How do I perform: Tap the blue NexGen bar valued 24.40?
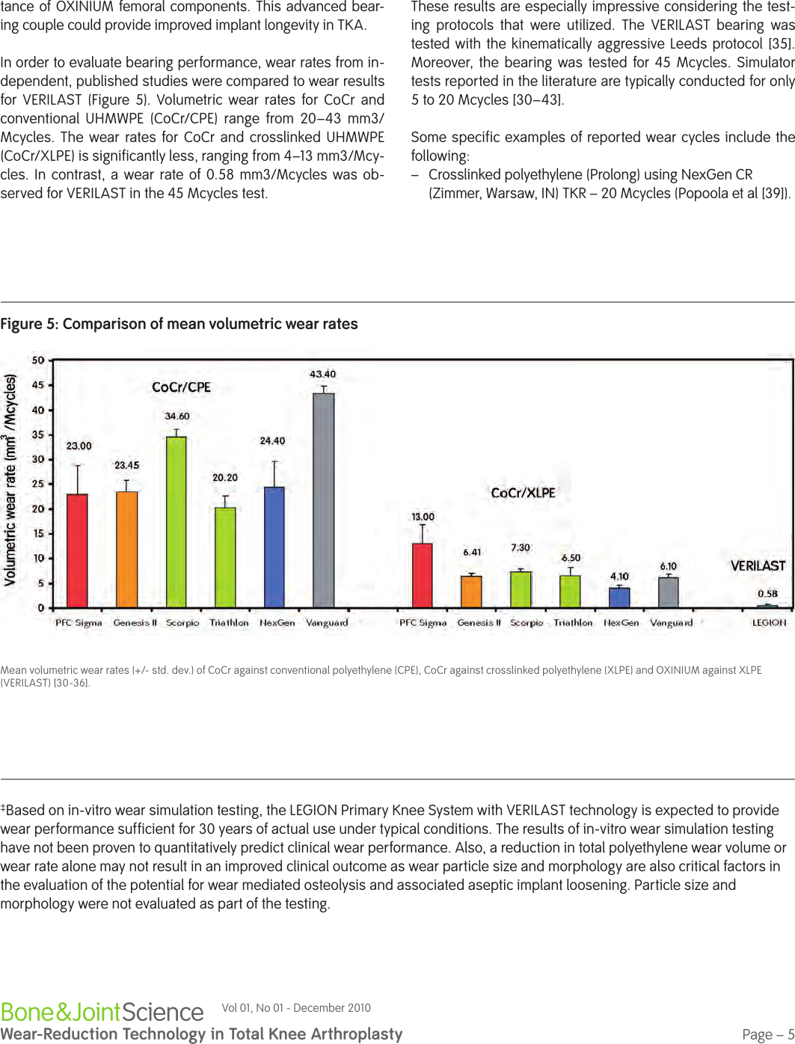coord(274,547)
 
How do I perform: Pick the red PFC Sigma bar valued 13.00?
coord(423,575)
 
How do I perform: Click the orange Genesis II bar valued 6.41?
coord(471,592)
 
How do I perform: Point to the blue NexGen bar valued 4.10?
coord(619,598)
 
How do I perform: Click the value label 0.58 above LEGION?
coord(767,594)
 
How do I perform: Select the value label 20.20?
coord(225,477)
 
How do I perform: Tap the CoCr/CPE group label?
coord(181,387)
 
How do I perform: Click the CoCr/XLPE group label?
coord(523,493)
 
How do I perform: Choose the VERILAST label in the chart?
coord(758,566)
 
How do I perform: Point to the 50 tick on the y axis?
coord(38,360)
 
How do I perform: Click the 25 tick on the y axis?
coord(38,484)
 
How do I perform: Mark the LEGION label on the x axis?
coord(769,622)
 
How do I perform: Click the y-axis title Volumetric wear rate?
coord(10,479)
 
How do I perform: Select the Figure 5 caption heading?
coord(179,324)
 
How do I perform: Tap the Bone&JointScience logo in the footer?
coord(102,1012)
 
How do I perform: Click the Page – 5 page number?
coord(768,1034)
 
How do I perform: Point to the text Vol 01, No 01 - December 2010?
coord(296,1008)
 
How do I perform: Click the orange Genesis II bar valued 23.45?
coord(126,549)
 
